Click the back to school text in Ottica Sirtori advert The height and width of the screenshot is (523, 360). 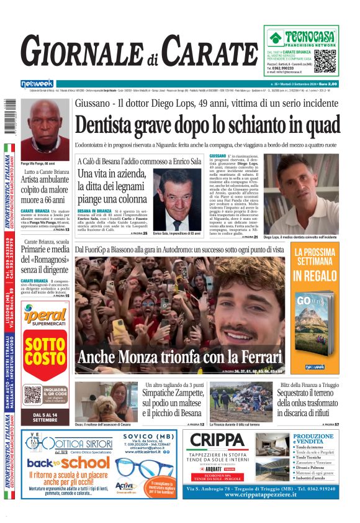pyautogui.click(x=59, y=463)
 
